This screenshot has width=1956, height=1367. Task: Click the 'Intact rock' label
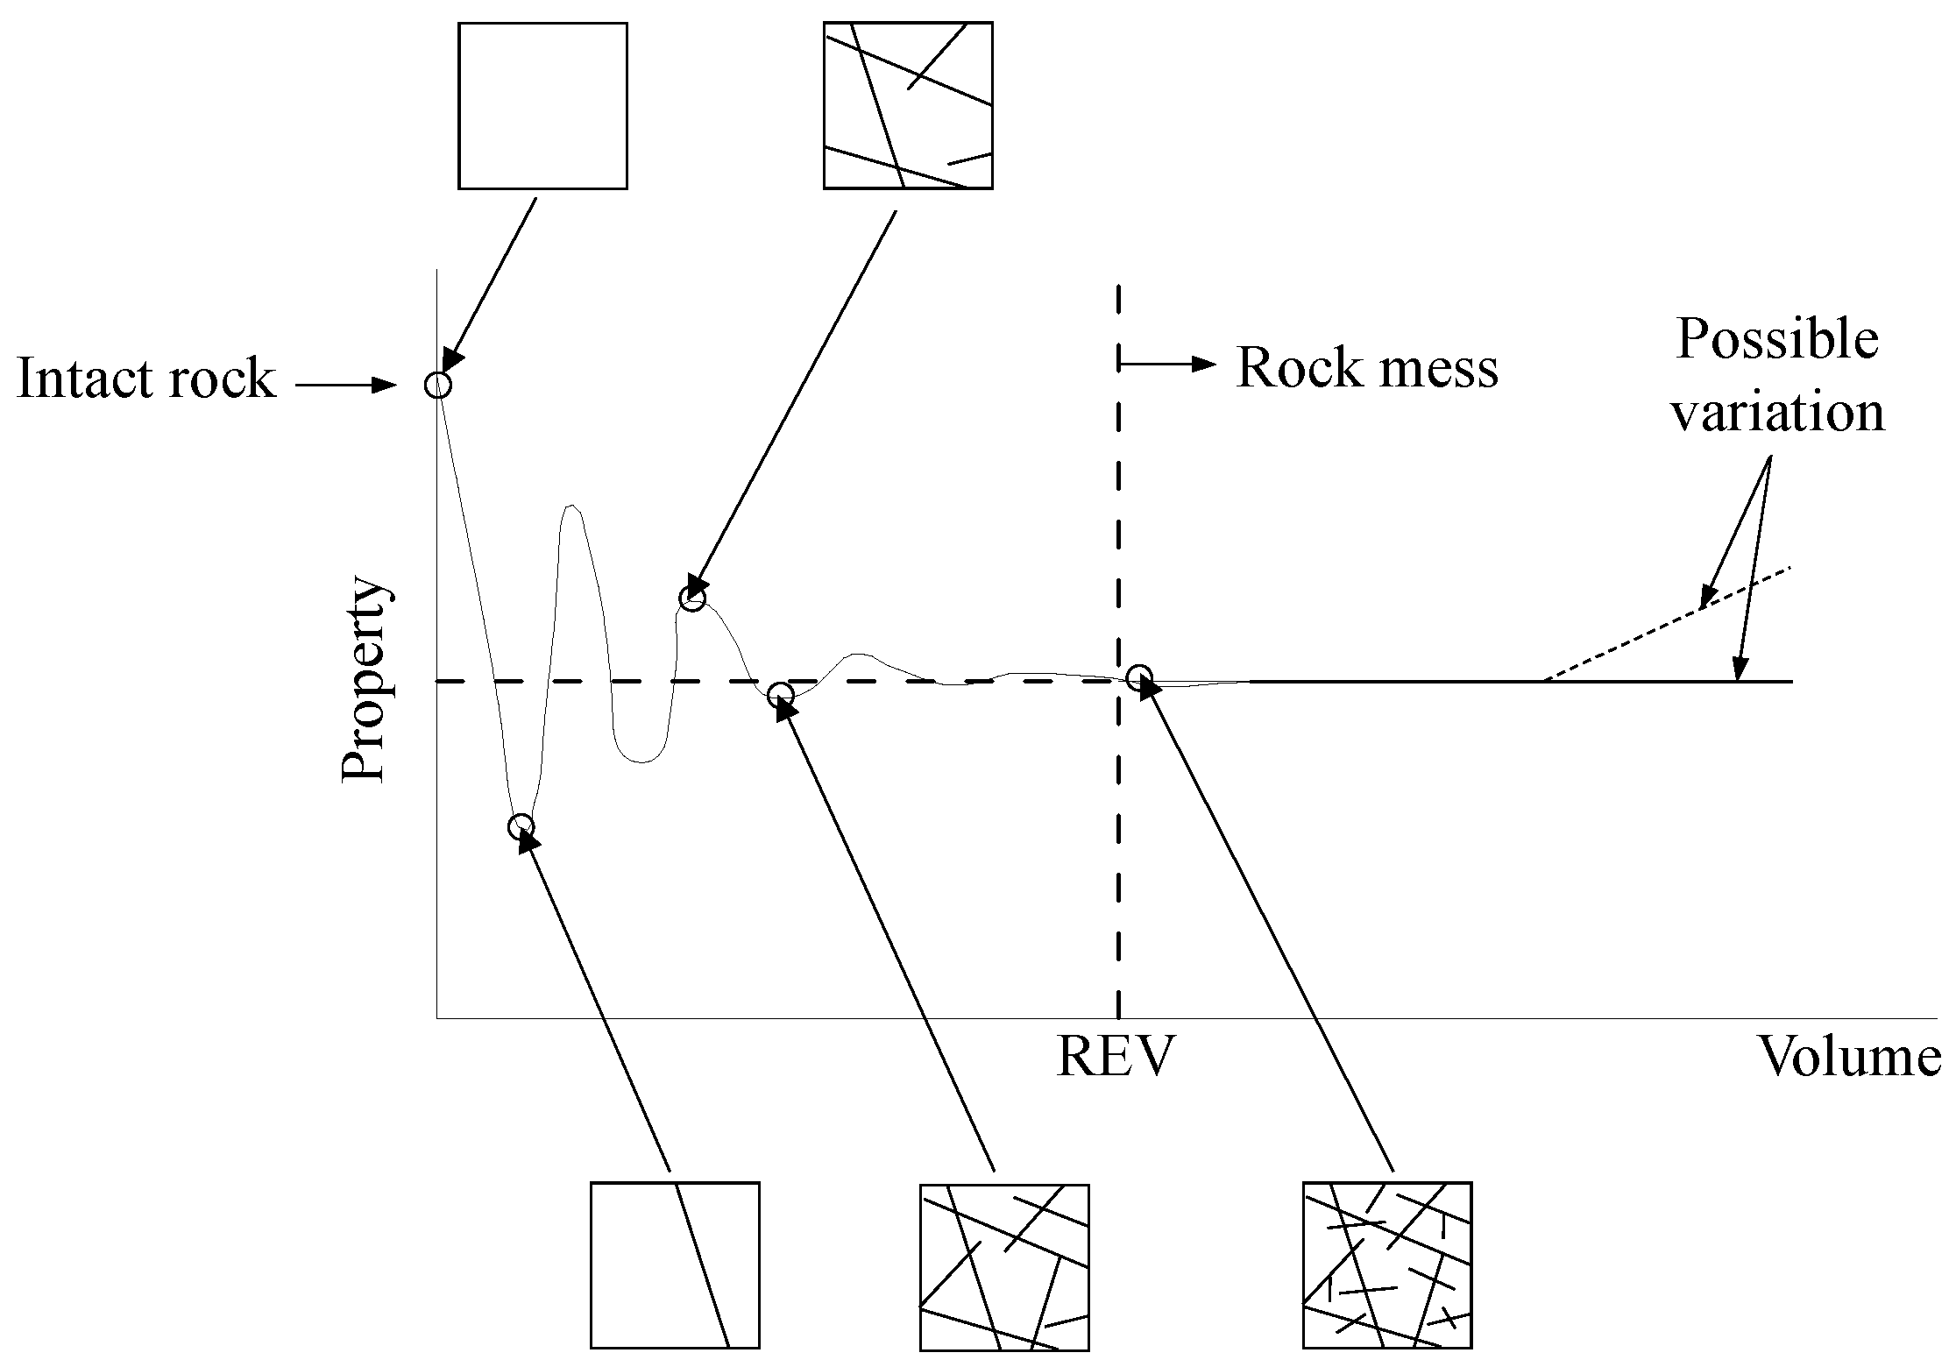[x=145, y=379]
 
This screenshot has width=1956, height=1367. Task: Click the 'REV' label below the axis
[x=1114, y=1057]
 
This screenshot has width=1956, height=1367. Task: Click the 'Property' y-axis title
[x=363, y=679]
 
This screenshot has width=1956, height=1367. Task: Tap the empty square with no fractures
[x=542, y=106]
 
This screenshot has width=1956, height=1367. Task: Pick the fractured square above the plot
[x=908, y=106]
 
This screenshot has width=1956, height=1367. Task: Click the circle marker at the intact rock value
[x=437, y=385]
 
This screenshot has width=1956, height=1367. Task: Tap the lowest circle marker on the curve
[x=521, y=826]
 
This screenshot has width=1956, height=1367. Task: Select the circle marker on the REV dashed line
[x=1138, y=676]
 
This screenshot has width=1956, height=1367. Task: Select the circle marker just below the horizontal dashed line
[x=780, y=696]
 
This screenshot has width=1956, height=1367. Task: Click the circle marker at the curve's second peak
[x=691, y=599]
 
